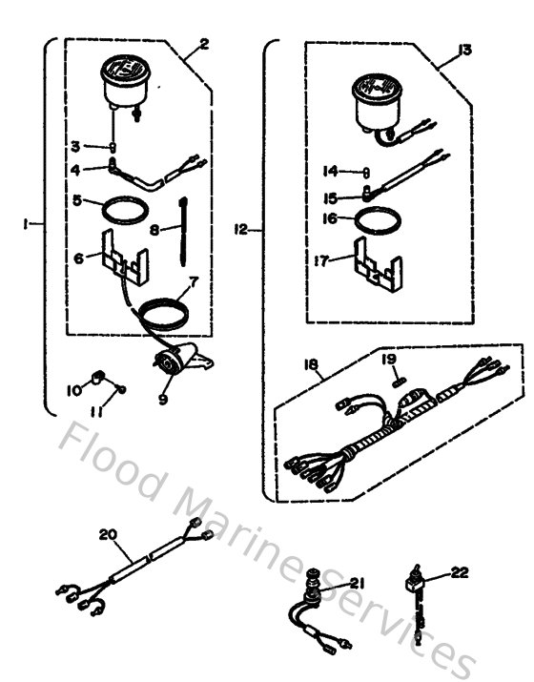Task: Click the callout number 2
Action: (x=203, y=44)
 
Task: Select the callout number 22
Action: (x=461, y=573)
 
